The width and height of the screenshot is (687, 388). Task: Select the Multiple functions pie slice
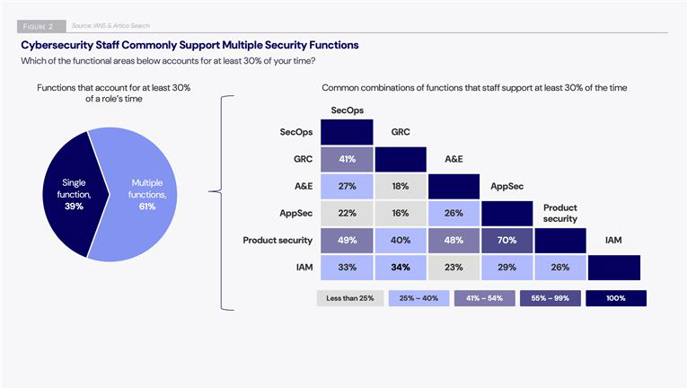(148, 193)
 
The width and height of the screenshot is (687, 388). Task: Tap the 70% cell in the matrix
(506, 240)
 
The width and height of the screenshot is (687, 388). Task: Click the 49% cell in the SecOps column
(347, 240)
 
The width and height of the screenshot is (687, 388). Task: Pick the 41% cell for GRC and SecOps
(347, 159)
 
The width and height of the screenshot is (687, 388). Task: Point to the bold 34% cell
(401, 267)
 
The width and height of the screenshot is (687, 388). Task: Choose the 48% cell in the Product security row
(454, 240)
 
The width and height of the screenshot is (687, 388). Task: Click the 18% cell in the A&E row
(401, 186)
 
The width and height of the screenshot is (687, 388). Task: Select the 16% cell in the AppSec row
(401, 213)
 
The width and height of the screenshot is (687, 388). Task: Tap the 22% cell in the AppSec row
(347, 213)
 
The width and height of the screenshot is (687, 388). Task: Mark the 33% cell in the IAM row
(347, 267)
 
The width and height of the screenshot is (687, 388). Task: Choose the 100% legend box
(615, 297)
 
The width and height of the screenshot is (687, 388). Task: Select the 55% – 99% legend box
(549, 297)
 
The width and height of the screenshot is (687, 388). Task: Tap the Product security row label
(277, 240)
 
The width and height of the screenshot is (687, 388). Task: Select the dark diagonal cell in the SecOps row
(347, 132)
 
